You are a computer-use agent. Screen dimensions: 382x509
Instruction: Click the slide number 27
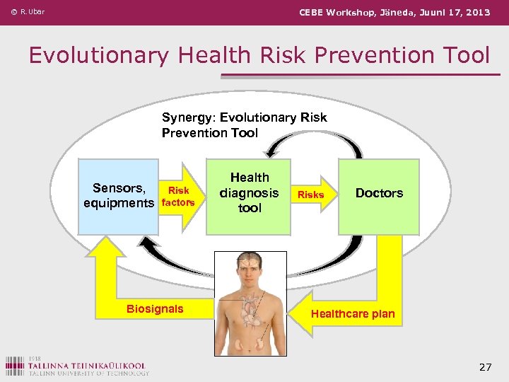(x=484, y=366)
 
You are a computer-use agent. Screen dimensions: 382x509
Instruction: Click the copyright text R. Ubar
(x=28, y=12)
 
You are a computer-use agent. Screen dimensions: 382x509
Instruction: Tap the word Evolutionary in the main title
(x=98, y=54)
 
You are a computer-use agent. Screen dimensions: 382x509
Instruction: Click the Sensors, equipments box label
(x=119, y=196)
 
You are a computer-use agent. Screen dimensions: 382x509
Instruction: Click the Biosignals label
(x=154, y=308)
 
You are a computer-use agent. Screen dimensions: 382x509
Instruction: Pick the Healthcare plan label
(x=353, y=313)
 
